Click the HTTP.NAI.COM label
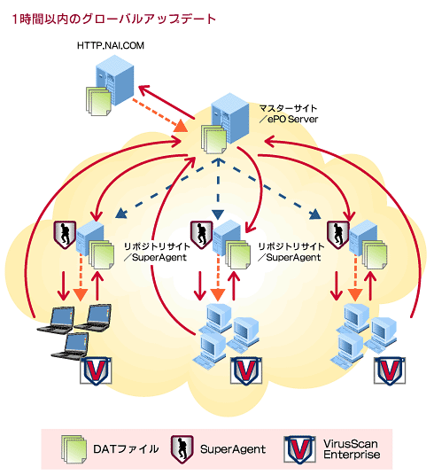coord(111,45)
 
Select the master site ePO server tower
coord(230,118)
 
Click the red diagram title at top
coord(114,19)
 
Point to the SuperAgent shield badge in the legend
coord(182,449)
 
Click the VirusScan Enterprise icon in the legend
coord(299,449)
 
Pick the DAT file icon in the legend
coord(74,449)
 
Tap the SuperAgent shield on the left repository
coord(65,235)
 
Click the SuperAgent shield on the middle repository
coord(201,235)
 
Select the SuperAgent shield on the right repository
coord(338,235)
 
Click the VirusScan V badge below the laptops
coord(96,371)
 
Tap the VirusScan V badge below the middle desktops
coord(246,371)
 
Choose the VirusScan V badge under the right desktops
coord(390,371)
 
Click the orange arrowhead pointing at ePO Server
coord(181,126)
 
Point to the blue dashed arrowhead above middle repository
coord(218,214)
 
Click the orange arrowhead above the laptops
coord(81,295)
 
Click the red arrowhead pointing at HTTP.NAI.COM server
coord(144,90)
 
